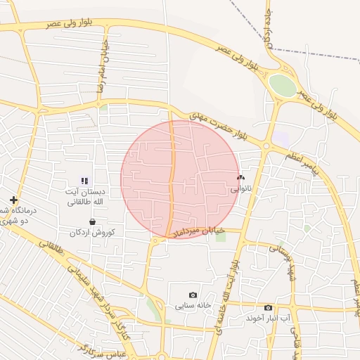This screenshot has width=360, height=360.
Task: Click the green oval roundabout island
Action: tap(283, 86)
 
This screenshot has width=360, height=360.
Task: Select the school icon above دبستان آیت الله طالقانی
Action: tap(84, 181)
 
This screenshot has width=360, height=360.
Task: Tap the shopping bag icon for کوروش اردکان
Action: tap(92, 221)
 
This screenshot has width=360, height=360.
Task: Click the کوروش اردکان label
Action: tap(92, 232)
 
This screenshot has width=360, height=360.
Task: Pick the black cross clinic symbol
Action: tap(13, 200)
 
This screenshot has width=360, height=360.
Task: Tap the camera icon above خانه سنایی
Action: tap(193, 295)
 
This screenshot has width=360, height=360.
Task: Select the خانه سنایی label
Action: tap(193, 306)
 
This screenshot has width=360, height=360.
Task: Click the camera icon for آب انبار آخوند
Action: tap(268, 307)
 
